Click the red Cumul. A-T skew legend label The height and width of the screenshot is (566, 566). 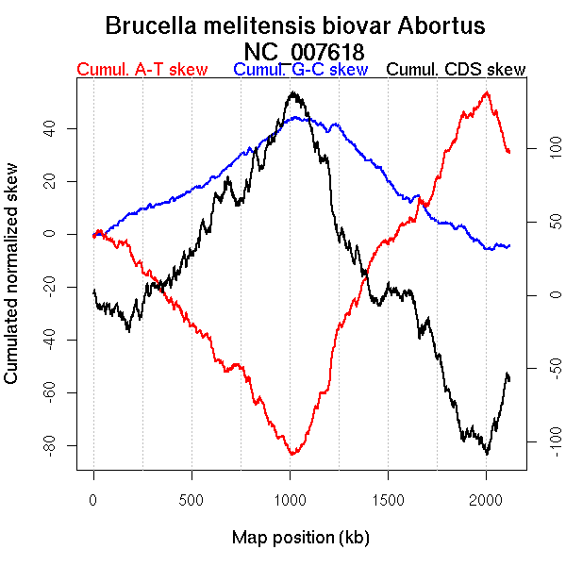[141, 70]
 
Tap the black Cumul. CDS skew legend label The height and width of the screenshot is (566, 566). [457, 70]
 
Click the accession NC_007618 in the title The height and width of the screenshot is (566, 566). [304, 50]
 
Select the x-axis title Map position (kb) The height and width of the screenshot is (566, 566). [300, 539]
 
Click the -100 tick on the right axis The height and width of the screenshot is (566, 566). [541, 441]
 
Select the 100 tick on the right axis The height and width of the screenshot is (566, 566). [541, 148]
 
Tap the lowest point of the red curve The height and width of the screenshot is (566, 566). [292, 455]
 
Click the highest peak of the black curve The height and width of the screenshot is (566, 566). [292, 92]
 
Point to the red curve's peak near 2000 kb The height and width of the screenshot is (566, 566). [487, 92]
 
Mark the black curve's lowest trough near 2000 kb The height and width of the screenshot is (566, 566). [487, 454]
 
